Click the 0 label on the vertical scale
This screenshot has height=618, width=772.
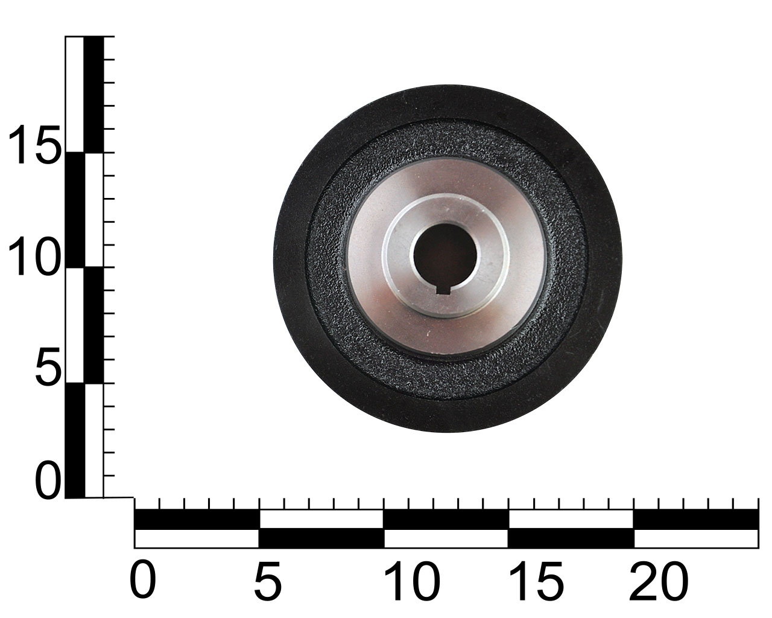tap(48, 481)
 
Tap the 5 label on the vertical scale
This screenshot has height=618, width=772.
tap(48, 366)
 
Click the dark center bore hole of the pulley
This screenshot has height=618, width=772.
tap(445, 254)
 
